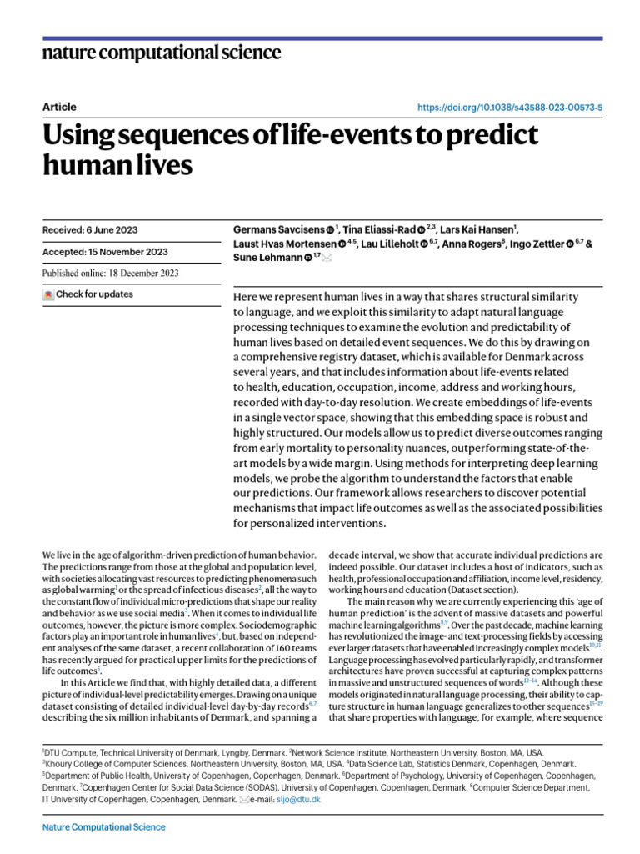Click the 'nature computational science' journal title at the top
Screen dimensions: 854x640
pyautogui.click(x=161, y=53)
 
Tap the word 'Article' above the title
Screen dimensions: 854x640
pyautogui.click(x=58, y=107)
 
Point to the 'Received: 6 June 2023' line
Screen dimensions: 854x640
pyautogui.click(x=90, y=230)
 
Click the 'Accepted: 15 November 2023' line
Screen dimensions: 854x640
pyautogui.click(x=104, y=252)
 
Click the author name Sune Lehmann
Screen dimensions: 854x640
pyautogui.click(x=267, y=258)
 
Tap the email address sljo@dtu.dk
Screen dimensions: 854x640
pyautogui.click(x=304, y=799)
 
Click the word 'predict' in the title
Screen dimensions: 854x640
pyautogui.click(x=484, y=135)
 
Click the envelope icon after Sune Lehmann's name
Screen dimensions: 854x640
pyautogui.click(x=327, y=259)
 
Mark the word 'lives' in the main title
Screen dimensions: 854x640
pyautogui.click(x=159, y=165)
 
